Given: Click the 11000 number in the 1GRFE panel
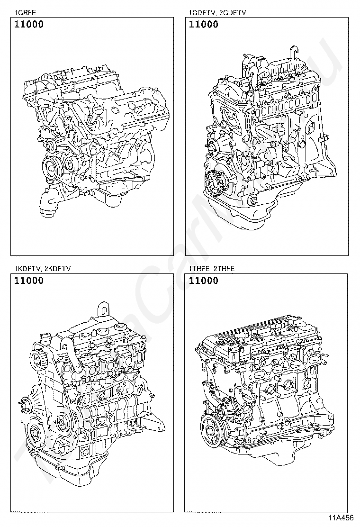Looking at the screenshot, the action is pos(29,25).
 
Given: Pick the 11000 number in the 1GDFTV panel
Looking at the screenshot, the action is pos(204,25).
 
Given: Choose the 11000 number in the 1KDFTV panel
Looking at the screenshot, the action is pos(29,281).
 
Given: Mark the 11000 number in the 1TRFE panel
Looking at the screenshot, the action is pos(204,281).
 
